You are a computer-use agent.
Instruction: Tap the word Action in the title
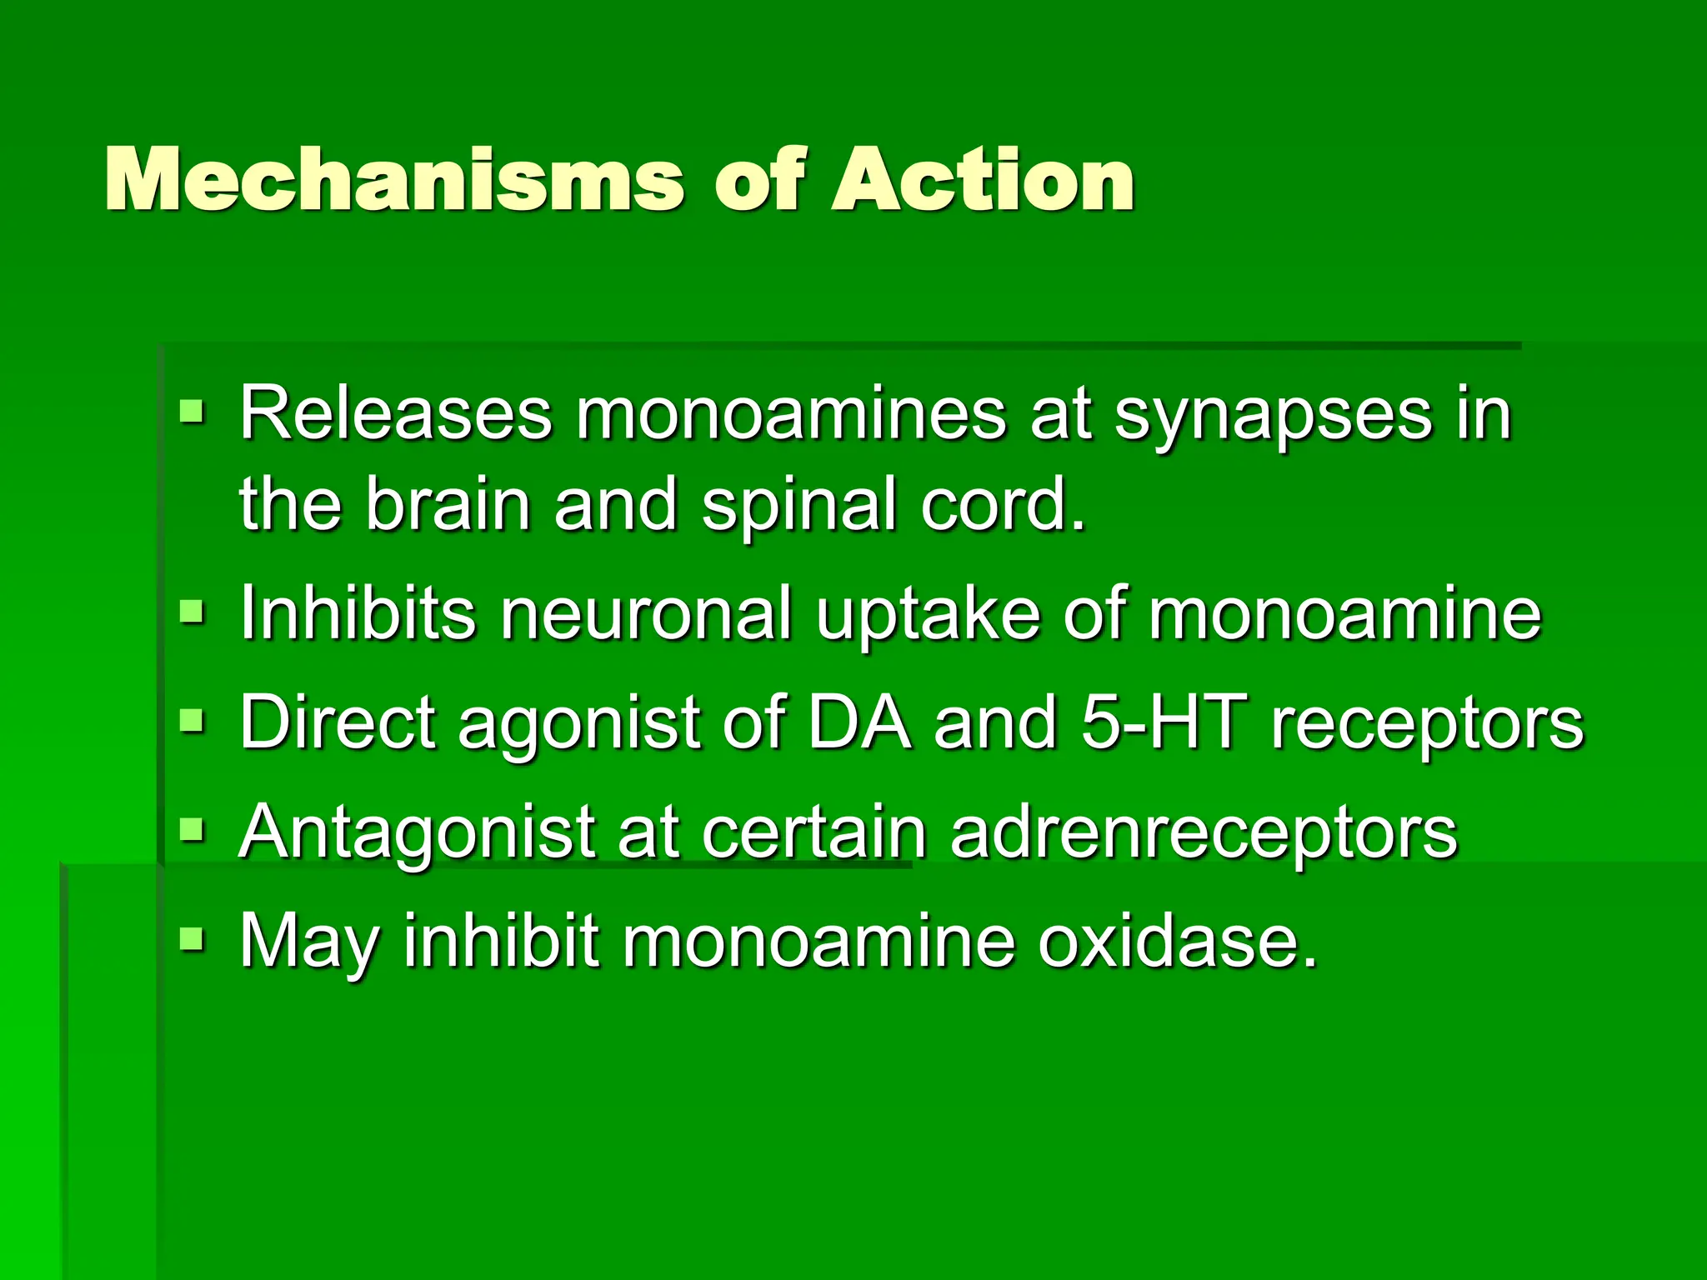[x=983, y=179]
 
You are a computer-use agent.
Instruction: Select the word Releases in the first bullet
[x=396, y=414]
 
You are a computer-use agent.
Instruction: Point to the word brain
[x=448, y=504]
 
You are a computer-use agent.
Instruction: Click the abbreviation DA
[x=859, y=722]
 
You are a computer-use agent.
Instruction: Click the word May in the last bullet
[x=309, y=942]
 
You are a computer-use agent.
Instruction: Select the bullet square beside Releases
[x=192, y=411]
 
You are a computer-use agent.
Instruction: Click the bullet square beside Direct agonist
[x=192, y=719]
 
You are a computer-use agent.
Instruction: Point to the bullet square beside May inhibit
[x=192, y=937]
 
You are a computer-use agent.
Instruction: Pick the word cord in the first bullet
[x=1004, y=504]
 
